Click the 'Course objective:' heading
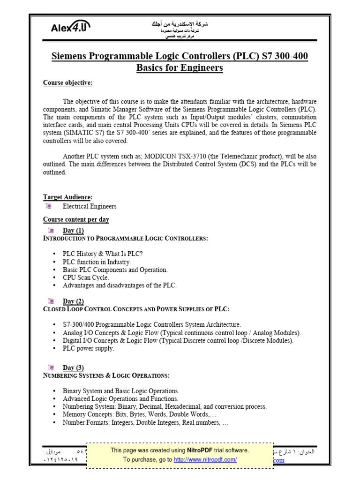(x=68, y=83)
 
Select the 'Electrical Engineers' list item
(x=90, y=206)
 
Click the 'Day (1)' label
(x=73, y=231)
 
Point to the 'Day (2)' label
(x=73, y=301)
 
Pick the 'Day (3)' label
(x=73, y=368)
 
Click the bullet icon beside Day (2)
(x=50, y=300)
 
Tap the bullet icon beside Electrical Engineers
(x=48, y=206)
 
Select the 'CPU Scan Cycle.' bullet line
(x=86, y=277)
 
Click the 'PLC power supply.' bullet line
(x=88, y=348)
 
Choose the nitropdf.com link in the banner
(x=205, y=460)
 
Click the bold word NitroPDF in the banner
(x=199, y=450)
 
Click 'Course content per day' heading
(x=76, y=219)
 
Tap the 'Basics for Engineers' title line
(x=180, y=68)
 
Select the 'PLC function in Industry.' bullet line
(x=97, y=262)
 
